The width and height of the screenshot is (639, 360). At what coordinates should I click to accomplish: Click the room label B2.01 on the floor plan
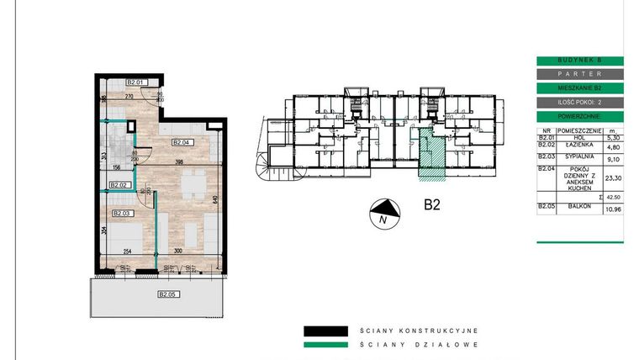[x=137, y=82]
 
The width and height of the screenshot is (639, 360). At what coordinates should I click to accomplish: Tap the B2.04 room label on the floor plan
[x=182, y=142]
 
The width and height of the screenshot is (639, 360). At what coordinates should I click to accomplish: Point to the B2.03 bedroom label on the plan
[x=124, y=214]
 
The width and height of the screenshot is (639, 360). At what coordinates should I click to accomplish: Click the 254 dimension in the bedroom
[x=125, y=251]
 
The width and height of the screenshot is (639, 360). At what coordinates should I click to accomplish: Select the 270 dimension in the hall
[x=130, y=97]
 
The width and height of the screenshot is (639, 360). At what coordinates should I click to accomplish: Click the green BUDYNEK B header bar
[x=579, y=61]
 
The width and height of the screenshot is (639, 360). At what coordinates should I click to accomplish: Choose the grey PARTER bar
[x=579, y=74]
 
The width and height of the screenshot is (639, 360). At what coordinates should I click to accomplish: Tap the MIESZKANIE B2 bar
[x=579, y=88]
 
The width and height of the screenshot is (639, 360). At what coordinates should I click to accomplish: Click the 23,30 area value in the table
[x=612, y=177]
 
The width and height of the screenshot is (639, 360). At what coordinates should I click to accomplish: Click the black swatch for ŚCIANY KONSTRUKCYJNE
[x=325, y=330]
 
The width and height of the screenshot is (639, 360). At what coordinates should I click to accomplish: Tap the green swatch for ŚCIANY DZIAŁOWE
[x=325, y=343]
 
